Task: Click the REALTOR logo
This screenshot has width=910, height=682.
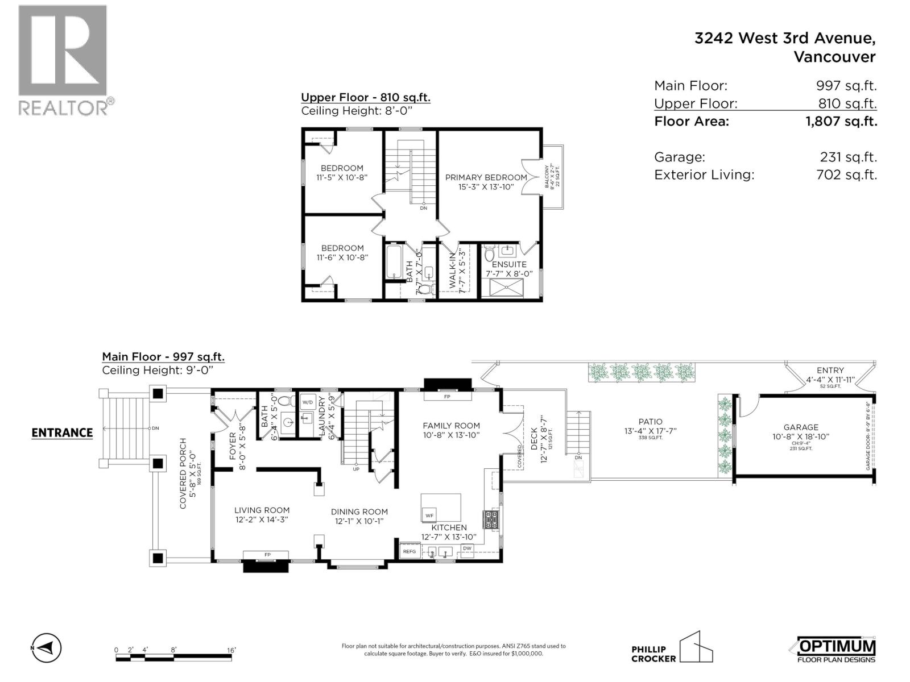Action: pyautogui.click(x=63, y=60)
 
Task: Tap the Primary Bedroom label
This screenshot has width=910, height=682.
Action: pyautogui.click(x=486, y=177)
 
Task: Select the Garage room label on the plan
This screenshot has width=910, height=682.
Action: pyautogui.click(x=801, y=427)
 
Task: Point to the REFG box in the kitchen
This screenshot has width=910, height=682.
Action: pyautogui.click(x=409, y=551)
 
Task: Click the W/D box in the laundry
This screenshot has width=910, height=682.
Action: pyautogui.click(x=308, y=402)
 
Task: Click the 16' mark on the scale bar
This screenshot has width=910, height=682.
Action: pyautogui.click(x=231, y=650)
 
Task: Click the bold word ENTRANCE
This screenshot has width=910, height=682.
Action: pyautogui.click(x=62, y=433)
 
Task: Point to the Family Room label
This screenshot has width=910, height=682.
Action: pyautogui.click(x=451, y=426)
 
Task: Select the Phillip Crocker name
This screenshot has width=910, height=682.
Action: pyautogui.click(x=653, y=654)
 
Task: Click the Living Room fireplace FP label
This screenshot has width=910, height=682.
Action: pyautogui.click(x=267, y=555)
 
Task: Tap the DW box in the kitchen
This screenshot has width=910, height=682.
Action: pyautogui.click(x=467, y=549)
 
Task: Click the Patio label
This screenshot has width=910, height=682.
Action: pyautogui.click(x=650, y=422)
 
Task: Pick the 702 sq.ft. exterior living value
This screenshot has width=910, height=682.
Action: pyautogui.click(x=846, y=174)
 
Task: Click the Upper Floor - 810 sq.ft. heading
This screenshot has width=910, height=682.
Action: pyautogui.click(x=365, y=97)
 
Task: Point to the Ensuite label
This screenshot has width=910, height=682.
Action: pyautogui.click(x=509, y=264)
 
